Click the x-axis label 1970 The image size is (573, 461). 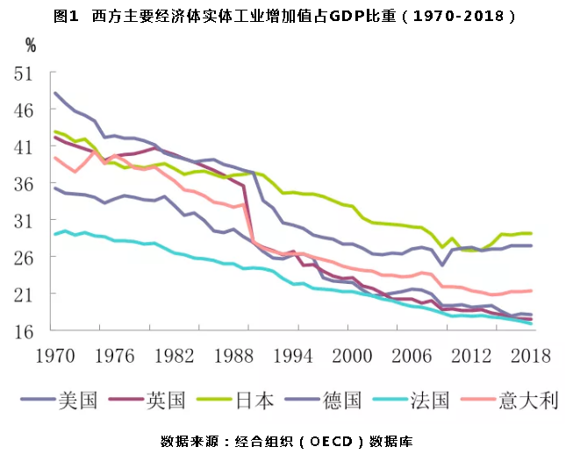54,356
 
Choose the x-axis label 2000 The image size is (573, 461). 353,356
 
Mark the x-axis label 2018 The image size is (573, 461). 530,356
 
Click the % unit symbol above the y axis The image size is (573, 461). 31,44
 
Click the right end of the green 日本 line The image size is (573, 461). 531,233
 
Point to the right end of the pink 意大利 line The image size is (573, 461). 531,291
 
